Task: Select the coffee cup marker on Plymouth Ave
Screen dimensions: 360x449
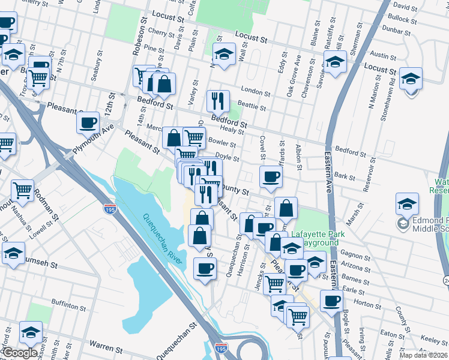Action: tap(88, 122)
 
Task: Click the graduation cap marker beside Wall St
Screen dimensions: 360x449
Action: tap(224, 55)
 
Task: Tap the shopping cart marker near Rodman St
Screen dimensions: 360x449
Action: tap(22, 190)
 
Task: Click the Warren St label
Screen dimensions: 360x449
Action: tap(106, 346)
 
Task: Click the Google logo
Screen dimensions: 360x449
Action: tap(20, 353)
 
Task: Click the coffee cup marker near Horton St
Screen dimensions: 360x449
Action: tap(331, 301)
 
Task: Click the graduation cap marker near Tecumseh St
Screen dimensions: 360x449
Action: tap(13, 253)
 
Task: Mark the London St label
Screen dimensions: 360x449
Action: tap(253, 89)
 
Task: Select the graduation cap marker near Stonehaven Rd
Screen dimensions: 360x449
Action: tap(411, 78)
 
